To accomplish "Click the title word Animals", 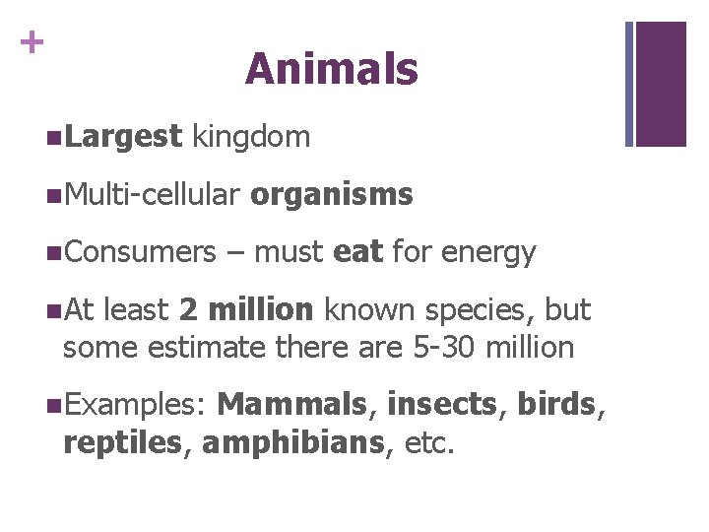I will (332, 69).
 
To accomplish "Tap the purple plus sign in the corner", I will (32, 42).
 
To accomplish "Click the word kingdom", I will (252, 137).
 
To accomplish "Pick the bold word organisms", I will (332, 195).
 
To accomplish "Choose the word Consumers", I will (139, 252).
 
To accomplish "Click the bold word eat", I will (358, 252).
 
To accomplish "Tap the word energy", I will (488, 253).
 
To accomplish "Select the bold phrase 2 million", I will (247, 310).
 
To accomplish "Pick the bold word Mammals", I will (291, 404).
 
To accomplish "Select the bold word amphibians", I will (291, 443).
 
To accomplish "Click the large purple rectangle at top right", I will (661, 84).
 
